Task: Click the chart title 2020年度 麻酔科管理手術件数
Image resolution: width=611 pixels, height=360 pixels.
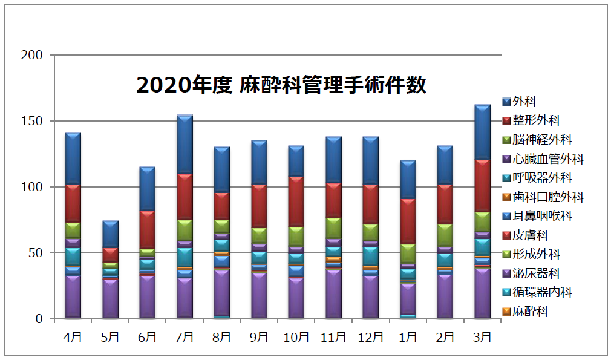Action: point(281,85)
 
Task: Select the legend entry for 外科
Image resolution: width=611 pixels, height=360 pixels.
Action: point(524,102)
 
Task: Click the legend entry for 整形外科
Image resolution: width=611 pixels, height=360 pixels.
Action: point(535,121)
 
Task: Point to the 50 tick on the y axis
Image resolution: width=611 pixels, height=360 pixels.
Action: point(35,253)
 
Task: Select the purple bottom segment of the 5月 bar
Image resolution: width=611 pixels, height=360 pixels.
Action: point(110,298)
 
